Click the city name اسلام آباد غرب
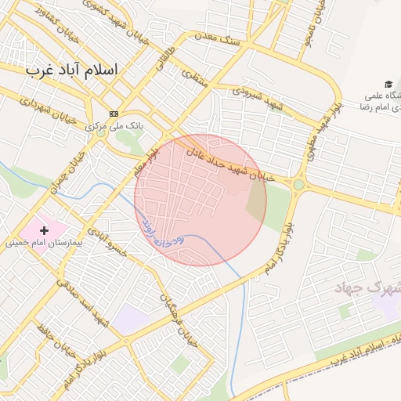pyautogui.click(x=71, y=69)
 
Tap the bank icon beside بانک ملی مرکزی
pyautogui.click(x=114, y=114)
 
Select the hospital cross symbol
pyautogui.click(x=45, y=230)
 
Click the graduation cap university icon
pyautogui.click(x=388, y=84)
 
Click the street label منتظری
pyautogui.click(x=193, y=75)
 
